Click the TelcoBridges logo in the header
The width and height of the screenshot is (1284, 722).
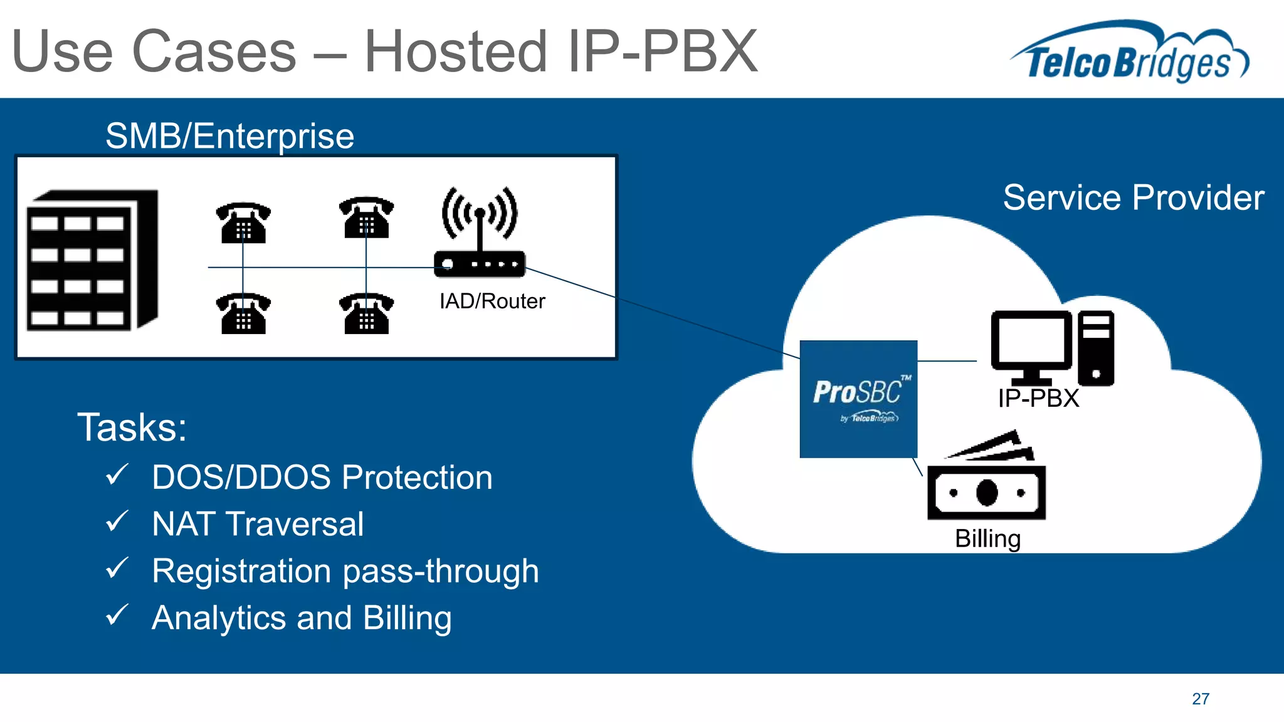click(x=1129, y=53)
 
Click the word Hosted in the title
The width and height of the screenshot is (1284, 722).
click(x=456, y=51)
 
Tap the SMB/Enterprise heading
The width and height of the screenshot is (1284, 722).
click(x=229, y=136)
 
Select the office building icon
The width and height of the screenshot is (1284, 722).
click(x=92, y=260)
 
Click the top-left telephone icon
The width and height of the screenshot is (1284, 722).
click(x=243, y=222)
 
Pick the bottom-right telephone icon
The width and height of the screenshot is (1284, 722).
click(x=366, y=313)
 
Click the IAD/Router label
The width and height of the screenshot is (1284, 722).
click(x=492, y=301)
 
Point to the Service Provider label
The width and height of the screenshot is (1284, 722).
click(x=1133, y=198)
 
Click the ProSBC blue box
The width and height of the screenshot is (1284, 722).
click(x=858, y=399)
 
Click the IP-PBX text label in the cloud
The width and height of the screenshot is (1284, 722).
click(x=1038, y=399)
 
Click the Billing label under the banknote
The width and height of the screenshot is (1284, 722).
click(x=987, y=539)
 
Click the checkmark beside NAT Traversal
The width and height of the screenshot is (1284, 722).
click(x=117, y=521)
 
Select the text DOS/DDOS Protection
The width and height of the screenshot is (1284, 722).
click(x=322, y=478)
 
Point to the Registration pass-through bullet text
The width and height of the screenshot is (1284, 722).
click(x=345, y=571)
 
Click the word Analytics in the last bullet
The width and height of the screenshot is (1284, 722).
click(x=219, y=618)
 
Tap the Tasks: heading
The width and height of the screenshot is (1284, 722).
click(x=132, y=427)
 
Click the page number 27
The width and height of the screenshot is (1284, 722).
click(x=1200, y=699)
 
